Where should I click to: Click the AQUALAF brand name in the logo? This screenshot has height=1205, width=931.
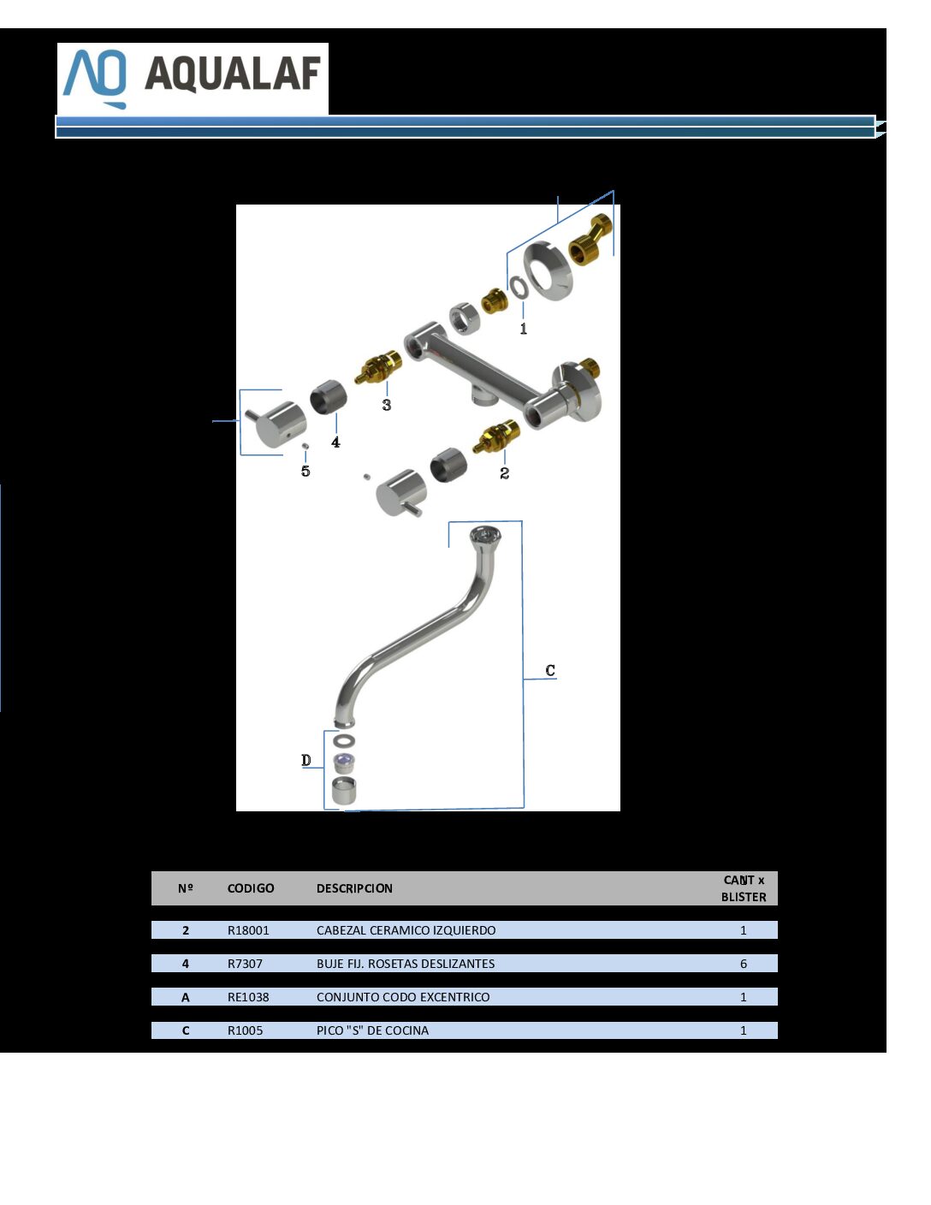tap(233, 74)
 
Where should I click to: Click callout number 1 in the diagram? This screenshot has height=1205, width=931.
tap(524, 329)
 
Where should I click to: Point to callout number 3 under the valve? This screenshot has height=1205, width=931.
tap(387, 405)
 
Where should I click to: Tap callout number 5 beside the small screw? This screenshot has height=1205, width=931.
tap(305, 471)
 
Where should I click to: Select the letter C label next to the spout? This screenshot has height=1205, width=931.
tap(550, 670)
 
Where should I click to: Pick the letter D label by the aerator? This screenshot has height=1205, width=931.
tap(306, 760)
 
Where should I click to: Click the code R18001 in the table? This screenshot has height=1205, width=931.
tap(248, 930)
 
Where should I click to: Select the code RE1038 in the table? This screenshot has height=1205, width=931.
tap(248, 996)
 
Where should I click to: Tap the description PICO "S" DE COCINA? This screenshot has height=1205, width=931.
tap(372, 1030)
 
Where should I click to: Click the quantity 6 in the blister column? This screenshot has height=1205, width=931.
tap(744, 964)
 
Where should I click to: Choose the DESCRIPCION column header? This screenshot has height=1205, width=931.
tap(354, 888)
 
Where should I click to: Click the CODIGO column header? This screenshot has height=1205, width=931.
tap(251, 888)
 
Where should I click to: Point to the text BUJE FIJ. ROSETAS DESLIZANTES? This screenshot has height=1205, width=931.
tap(406, 964)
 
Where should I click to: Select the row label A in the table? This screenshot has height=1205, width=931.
tap(185, 997)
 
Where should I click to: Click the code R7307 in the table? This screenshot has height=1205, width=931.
tap(245, 964)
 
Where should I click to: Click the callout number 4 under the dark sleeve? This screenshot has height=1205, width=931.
tap(335, 442)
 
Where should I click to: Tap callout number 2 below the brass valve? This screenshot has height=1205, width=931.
tap(504, 473)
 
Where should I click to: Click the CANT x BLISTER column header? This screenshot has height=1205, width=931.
tap(744, 888)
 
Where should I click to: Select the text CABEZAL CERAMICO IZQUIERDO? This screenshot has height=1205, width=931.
tap(406, 930)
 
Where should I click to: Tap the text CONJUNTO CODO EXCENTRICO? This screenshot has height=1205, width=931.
tap(403, 997)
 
